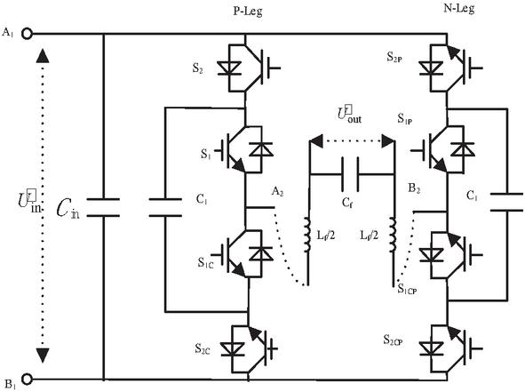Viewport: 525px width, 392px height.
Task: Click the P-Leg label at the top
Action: tap(248, 12)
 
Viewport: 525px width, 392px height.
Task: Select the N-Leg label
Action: tap(459, 8)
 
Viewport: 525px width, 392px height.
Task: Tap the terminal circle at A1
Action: tap(27, 34)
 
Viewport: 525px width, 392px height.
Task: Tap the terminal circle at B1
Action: tap(27, 379)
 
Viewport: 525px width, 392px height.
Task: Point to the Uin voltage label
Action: tap(29, 201)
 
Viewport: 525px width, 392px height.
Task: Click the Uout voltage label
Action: tap(349, 114)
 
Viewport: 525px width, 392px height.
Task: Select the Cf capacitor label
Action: tap(346, 203)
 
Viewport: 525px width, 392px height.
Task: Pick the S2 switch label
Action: tap(197, 68)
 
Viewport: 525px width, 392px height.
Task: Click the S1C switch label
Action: tap(205, 262)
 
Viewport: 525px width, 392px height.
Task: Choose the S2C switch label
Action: tap(203, 349)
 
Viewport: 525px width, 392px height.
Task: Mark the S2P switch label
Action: tap(394, 57)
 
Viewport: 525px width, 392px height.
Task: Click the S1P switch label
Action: tap(405, 119)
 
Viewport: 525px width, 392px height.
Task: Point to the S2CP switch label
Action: tap(393, 340)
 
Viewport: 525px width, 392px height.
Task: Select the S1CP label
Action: tap(407, 289)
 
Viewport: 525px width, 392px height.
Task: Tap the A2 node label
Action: tap(277, 192)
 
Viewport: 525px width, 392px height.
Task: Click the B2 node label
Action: tap(414, 188)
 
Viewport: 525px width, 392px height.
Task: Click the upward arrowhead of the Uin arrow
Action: tap(42, 56)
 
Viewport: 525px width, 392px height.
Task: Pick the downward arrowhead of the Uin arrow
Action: tap(42, 356)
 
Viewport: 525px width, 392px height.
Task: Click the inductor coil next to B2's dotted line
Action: tap(393, 235)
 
